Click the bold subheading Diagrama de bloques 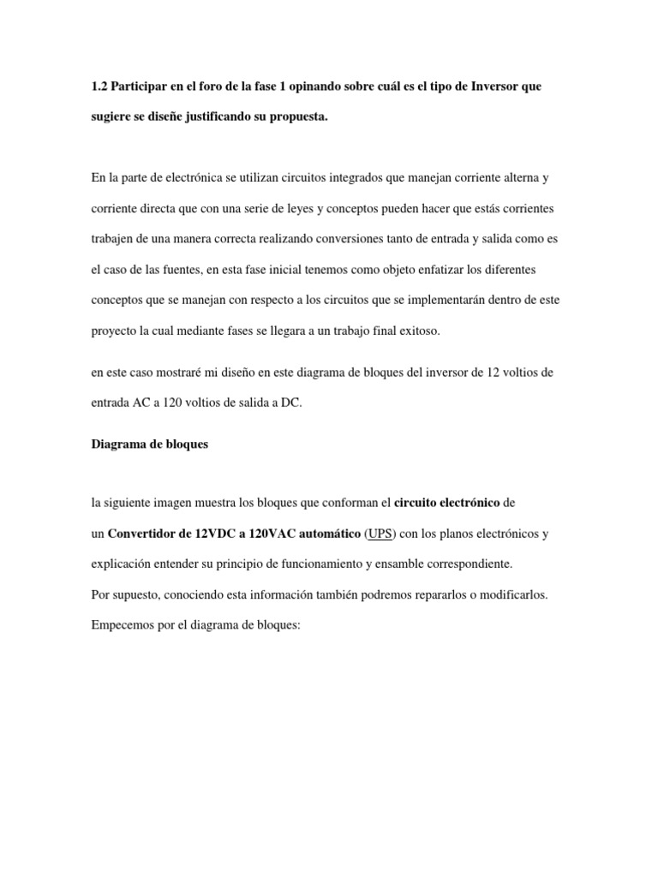pyautogui.click(x=149, y=445)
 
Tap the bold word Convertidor pyautogui.click(x=149, y=534)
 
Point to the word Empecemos pyautogui.click(x=124, y=625)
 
